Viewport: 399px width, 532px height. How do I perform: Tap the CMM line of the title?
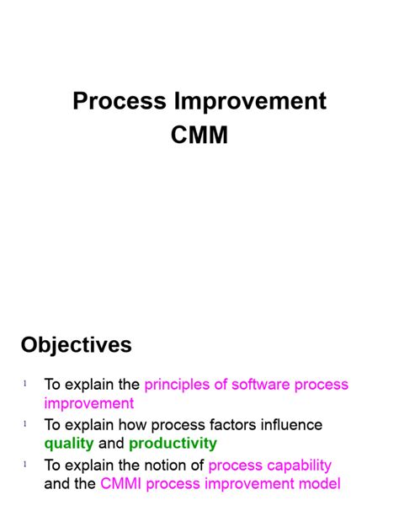click(x=199, y=136)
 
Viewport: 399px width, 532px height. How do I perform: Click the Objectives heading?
click(x=77, y=345)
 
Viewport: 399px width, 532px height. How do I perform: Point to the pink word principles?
click(x=179, y=385)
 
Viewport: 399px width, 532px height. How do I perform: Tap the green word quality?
click(x=70, y=444)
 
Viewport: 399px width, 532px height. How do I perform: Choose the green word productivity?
click(x=173, y=444)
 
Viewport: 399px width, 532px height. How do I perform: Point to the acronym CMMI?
click(x=125, y=484)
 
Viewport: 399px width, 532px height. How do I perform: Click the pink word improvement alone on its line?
click(x=89, y=403)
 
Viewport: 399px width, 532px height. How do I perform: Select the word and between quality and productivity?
click(x=111, y=444)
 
